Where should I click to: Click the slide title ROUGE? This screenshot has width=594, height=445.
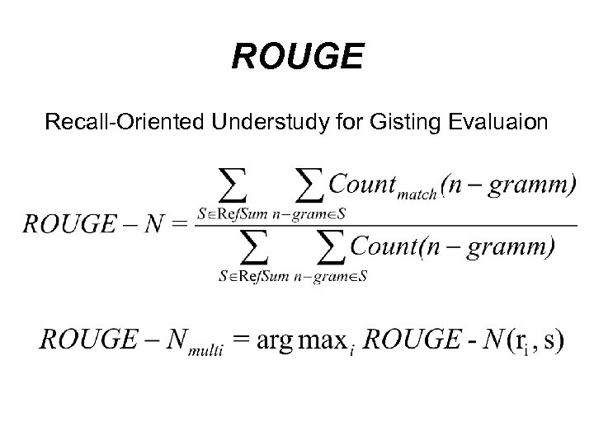click(x=297, y=58)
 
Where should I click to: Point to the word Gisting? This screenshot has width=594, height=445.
click(x=405, y=123)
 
